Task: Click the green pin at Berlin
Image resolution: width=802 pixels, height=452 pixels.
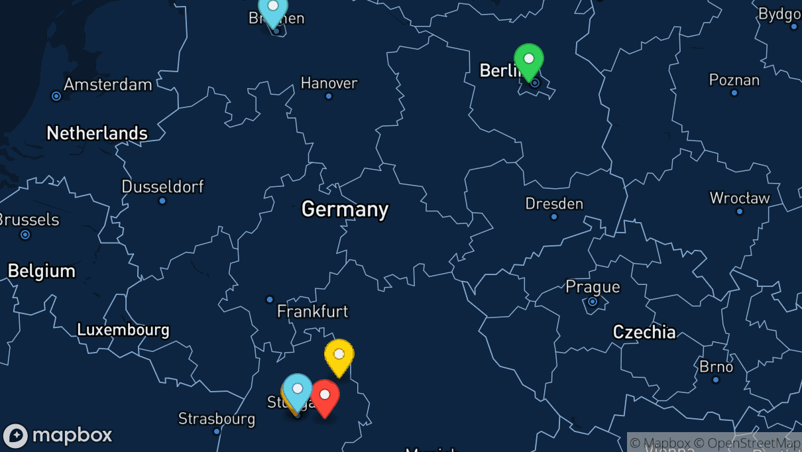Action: point(529,60)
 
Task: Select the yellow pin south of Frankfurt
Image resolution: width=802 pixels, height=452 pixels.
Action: point(339,355)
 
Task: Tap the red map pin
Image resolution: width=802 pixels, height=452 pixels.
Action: point(325,396)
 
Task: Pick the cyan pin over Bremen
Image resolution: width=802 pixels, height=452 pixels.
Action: point(272,8)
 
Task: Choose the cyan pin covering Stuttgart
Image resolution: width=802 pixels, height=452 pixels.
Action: point(298,390)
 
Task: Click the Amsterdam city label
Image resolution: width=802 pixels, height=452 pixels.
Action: point(108,85)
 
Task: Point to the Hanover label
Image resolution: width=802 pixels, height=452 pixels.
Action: point(329,83)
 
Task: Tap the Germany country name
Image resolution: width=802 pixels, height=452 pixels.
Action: point(345,209)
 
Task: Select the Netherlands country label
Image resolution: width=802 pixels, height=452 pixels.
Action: point(97,133)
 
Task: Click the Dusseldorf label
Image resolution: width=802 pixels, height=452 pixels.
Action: point(162,186)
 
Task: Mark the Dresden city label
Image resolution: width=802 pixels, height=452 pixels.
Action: point(554,203)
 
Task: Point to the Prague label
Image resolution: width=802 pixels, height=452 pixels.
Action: point(593,287)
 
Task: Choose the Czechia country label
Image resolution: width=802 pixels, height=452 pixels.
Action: point(644,332)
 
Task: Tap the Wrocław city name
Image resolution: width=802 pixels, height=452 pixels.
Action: point(740,198)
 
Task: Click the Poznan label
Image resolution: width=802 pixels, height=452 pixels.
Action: point(734,80)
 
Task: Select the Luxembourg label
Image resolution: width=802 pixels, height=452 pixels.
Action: point(123,329)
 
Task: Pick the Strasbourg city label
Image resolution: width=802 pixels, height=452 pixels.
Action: point(217,419)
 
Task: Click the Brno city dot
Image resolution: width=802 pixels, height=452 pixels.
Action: point(716,380)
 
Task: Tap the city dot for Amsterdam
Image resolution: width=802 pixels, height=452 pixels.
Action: point(56,96)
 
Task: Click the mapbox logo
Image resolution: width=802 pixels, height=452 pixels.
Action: point(58,435)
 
